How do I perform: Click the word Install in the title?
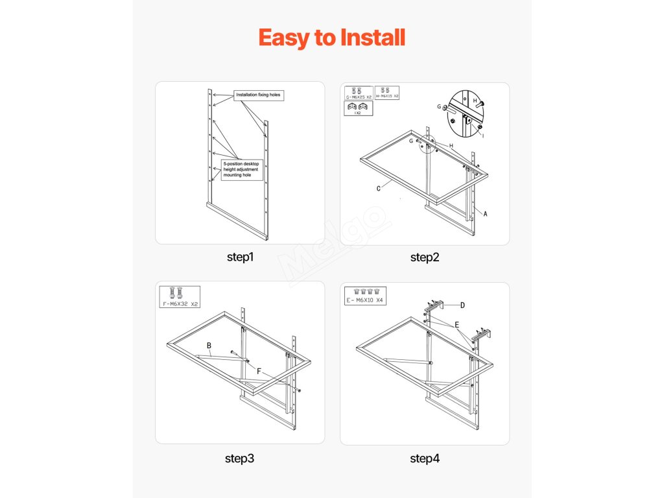click(x=369, y=38)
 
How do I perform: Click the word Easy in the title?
click(x=283, y=38)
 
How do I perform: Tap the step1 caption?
click(x=240, y=257)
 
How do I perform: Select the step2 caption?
click(x=425, y=257)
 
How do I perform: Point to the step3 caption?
click(x=240, y=458)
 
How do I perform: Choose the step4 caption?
click(x=425, y=458)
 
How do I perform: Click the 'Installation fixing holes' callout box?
click(x=259, y=95)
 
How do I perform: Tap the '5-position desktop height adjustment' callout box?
click(x=241, y=170)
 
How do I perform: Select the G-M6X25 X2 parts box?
click(x=359, y=93)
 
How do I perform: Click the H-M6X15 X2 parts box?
click(x=387, y=92)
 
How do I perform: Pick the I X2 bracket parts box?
click(x=357, y=108)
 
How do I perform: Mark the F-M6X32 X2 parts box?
click(x=180, y=296)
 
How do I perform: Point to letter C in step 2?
click(x=378, y=189)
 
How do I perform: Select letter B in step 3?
click(x=209, y=346)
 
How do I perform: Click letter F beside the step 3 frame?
click(x=259, y=372)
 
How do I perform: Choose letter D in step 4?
click(x=462, y=305)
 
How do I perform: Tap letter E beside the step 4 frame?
click(x=456, y=324)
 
